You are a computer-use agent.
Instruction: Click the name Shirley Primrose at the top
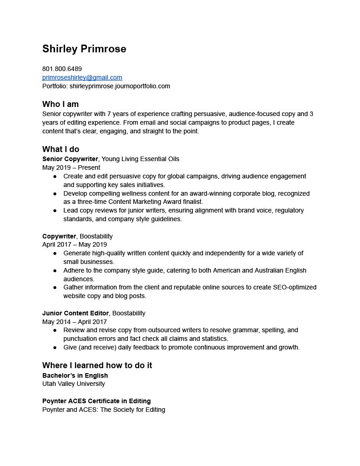[84, 49]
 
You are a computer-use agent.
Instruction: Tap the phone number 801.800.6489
[62, 69]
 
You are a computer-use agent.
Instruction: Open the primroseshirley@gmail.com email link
[82, 77]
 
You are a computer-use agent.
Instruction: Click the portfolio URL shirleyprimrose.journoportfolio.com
[120, 86]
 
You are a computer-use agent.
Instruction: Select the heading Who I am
[61, 104]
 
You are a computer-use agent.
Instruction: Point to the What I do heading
[61, 149]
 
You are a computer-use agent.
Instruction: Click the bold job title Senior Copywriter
[70, 159]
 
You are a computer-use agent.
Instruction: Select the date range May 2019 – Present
[71, 167]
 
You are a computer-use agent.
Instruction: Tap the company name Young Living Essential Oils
[140, 159]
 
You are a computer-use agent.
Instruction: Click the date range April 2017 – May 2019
[75, 244]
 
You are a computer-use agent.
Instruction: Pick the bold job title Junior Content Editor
[76, 313]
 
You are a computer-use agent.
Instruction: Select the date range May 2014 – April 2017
[75, 322]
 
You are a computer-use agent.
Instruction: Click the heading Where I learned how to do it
[97, 365]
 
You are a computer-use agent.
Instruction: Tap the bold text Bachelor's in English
[75, 375]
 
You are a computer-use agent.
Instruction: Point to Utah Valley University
[74, 384]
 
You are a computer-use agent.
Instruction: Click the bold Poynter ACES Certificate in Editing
[96, 401]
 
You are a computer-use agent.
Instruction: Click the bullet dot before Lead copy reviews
[55, 211]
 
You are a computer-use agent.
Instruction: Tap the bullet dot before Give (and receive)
[55, 347]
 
